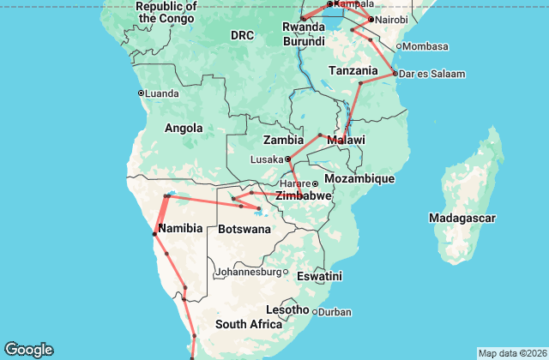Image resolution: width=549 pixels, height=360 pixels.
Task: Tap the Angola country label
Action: [183, 129]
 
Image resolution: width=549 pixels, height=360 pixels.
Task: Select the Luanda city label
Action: [161, 93]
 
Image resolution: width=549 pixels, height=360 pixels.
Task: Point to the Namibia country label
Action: [180, 228]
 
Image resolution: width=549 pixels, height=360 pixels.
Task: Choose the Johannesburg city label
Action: [249, 272]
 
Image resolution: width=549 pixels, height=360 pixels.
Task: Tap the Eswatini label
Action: [319, 276]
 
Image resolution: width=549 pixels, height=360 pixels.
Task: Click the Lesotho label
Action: [287, 309]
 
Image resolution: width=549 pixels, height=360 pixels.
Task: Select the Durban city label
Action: [335, 312]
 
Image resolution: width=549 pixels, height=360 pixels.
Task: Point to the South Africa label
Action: [249, 324]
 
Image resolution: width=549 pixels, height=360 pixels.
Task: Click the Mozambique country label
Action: [360, 178]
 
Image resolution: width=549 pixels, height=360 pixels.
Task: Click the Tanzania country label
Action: [353, 70]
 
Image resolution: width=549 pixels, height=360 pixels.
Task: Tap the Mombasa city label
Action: [425, 45]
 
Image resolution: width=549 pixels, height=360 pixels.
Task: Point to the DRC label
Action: [242, 35]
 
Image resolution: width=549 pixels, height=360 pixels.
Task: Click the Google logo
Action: [28, 349]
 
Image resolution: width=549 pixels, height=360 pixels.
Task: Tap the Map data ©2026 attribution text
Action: [511, 353]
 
